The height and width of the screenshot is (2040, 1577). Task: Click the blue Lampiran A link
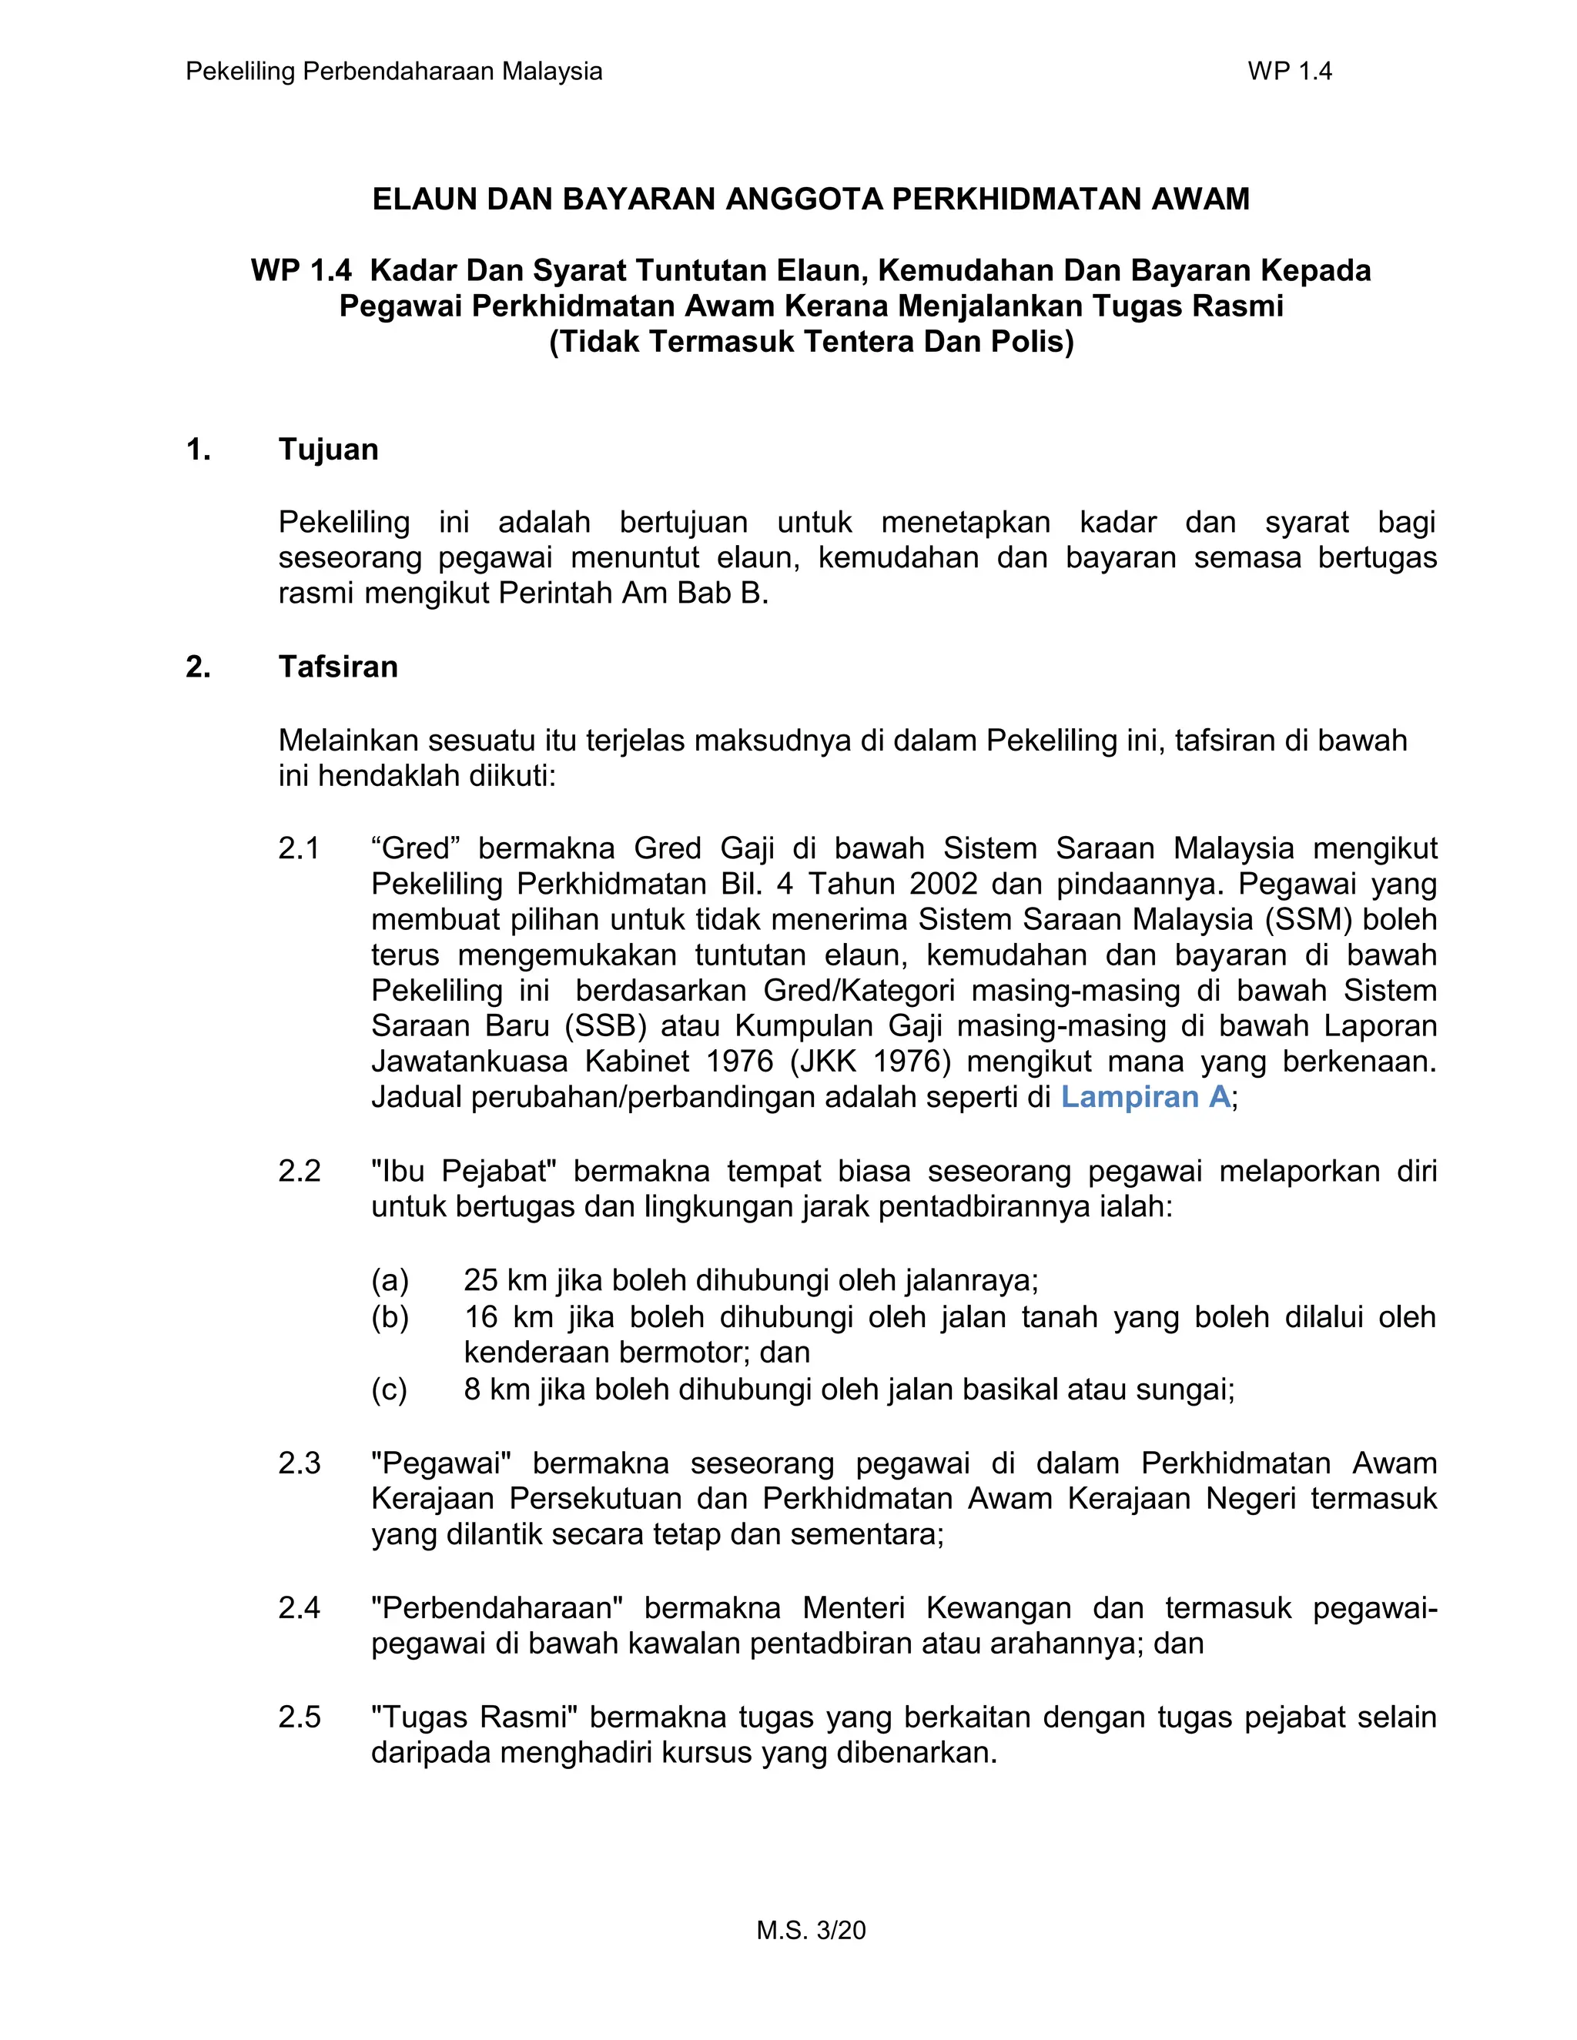click(x=1145, y=1096)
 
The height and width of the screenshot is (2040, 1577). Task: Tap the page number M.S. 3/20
click(x=811, y=1930)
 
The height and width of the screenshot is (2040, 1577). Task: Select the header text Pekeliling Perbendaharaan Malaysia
click(x=393, y=71)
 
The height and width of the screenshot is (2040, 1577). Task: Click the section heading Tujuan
click(x=328, y=450)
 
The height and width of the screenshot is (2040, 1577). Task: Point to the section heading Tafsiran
click(x=337, y=667)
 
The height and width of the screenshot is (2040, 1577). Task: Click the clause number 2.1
click(x=299, y=848)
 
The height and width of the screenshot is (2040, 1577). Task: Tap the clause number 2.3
click(x=299, y=1463)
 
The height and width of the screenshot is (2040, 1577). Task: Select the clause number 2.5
click(x=299, y=1717)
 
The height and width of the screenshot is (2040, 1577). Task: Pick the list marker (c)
click(x=389, y=1390)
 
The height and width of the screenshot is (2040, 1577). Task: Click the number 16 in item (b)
click(x=481, y=1317)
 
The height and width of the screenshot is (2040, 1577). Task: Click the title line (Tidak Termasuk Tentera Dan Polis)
click(x=811, y=342)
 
